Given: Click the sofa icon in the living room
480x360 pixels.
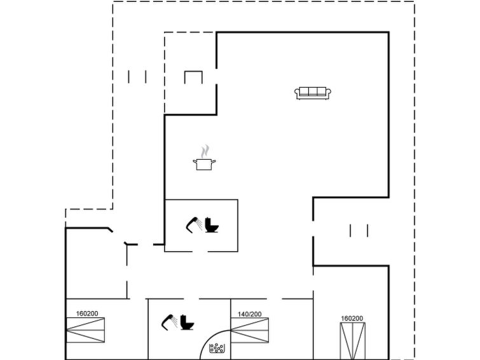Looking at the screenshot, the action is (x=313, y=93).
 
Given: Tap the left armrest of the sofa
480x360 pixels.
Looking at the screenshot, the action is (x=297, y=92).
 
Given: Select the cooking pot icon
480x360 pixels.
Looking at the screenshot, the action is (x=204, y=164).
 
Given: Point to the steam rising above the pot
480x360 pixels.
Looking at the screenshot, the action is (x=205, y=151).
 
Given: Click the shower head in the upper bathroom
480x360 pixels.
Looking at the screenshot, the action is (x=194, y=225).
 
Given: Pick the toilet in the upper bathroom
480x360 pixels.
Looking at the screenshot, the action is (x=212, y=225).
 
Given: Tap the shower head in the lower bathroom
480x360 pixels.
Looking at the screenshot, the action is (x=169, y=322).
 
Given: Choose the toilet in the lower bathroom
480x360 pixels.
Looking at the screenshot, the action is (x=187, y=322).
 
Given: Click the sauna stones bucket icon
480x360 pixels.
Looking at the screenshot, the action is (x=217, y=348).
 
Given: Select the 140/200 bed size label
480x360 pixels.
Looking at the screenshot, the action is (x=249, y=314).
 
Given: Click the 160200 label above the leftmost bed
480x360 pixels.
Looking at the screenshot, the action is (x=87, y=314).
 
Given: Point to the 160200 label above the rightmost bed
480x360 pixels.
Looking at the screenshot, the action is (x=352, y=318).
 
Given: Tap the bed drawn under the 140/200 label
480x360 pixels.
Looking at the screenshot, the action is (x=249, y=330).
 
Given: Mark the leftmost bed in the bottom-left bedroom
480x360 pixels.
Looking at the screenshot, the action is (x=85, y=330).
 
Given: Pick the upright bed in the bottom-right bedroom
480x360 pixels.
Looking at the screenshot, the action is (x=353, y=341).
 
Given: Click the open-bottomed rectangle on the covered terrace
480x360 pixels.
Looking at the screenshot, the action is (x=193, y=72).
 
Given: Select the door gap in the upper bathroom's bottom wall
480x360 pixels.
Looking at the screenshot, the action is (x=200, y=251).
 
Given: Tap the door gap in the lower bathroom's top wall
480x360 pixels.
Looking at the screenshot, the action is (x=191, y=299).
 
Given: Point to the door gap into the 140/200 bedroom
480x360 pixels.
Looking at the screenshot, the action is (x=274, y=299).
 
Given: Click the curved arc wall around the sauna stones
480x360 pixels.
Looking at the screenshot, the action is (x=209, y=336).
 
